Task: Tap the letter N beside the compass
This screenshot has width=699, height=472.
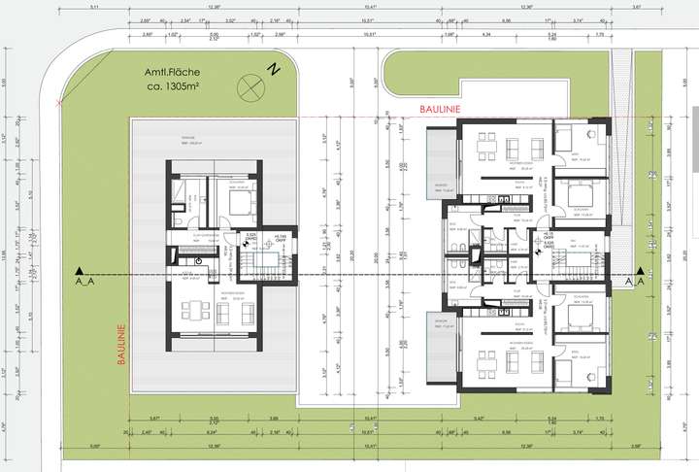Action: click(x=275, y=70)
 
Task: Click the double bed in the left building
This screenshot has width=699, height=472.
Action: click(x=238, y=201)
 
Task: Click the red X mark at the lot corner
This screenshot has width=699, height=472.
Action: click(x=61, y=101)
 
